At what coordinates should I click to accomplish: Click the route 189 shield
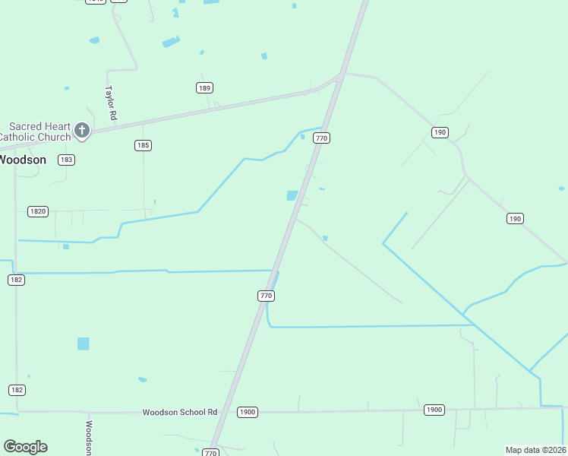coord(204,88)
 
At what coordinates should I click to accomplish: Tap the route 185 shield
coord(142,145)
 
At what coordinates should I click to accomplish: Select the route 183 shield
coord(67,160)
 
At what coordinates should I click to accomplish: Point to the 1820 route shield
coord(37,211)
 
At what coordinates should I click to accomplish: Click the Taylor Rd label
coord(110,103)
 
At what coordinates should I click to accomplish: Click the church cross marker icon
coord(82,131)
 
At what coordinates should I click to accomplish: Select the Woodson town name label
coord(22,160)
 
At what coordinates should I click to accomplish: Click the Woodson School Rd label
coord(180,412)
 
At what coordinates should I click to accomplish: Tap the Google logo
coord(25,447)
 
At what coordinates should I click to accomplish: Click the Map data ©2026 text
coord(535,450)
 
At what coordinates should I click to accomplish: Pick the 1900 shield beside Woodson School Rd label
coord(247,412)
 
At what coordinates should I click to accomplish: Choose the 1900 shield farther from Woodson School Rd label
coord(434,410)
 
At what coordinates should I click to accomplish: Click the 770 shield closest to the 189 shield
coord(322,138)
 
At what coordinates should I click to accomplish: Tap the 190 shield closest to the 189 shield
coord(440,132)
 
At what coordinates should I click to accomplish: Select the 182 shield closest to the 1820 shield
coord(17,280)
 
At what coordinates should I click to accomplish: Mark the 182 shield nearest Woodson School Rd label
coord(17,390)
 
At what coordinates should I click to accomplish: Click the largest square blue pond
coord(84,344)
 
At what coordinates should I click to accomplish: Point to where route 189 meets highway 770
coord(339,76)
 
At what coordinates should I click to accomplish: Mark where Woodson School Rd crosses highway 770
coord(224,412)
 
